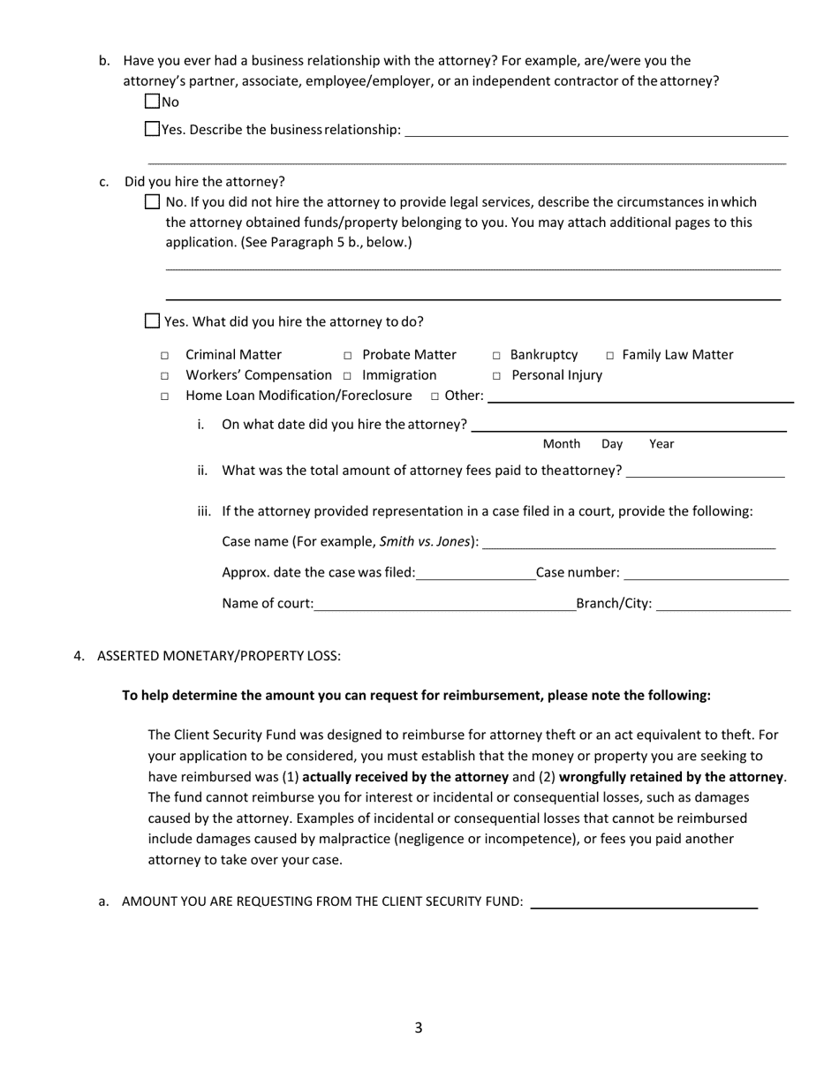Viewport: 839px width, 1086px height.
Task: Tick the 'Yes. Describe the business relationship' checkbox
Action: click(x=152, y=129)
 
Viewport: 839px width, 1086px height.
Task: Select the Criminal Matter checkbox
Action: click(x=164, y=356)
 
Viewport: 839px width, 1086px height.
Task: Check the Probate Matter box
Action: click(x=348, y=356)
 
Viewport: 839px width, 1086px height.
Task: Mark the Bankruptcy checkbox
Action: click(x=496, y=356)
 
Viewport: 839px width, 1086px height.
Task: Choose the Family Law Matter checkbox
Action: click(x=609, y=356)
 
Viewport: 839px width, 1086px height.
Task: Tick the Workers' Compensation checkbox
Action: click(x=164, y=376)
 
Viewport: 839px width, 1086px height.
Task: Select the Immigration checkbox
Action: click(x=348, y=376)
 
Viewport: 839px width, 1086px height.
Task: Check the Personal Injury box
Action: click(x=496, y=376)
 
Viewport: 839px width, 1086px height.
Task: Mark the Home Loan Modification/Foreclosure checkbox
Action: click(x=164, y=396)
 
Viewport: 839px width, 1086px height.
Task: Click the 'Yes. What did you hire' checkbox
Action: click(x=152, y=321)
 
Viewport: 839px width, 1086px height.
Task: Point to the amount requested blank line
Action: click(x=644, y=901)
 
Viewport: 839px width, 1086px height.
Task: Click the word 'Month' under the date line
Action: click(x=561, y=444)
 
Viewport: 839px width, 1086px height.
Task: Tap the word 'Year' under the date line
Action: click(x=661, y=444)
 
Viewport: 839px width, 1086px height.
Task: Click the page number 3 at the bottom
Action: click(x=419, y=1028)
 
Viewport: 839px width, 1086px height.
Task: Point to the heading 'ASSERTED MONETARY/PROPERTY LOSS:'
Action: click(x=218, y=656)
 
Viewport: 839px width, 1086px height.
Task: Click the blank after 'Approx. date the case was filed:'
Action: click(x=475, y=573)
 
